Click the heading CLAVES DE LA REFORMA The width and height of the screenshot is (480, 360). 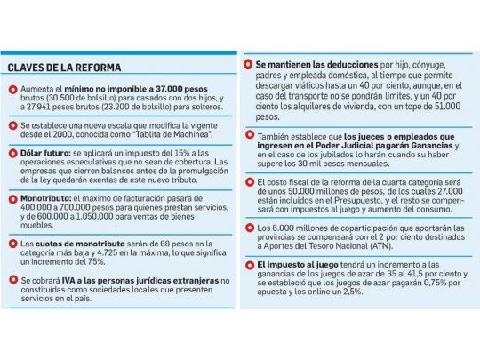point(64,68)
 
